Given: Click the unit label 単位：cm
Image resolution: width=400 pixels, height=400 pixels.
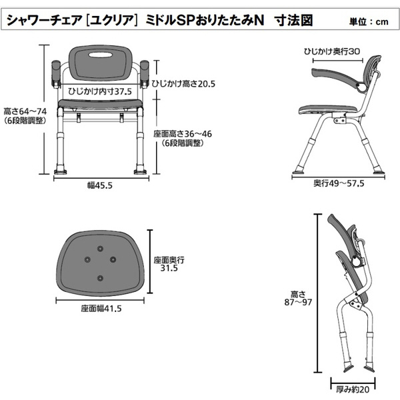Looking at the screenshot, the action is click(369, 22).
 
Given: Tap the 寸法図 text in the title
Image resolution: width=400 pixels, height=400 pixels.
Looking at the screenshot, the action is click(293, 21).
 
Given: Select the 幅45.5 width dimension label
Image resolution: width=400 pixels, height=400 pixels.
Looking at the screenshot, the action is click(100, 185).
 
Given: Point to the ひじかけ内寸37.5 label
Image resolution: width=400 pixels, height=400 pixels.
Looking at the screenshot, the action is click(100, 91).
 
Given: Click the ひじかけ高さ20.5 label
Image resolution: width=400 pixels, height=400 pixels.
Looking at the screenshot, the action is click(183, 84).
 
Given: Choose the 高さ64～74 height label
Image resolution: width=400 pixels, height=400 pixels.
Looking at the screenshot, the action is click(25, 111).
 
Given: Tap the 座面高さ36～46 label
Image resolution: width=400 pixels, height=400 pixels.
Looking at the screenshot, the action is click(183, 134).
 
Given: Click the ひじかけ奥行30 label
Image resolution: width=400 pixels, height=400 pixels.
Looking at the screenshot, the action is click(332, 51).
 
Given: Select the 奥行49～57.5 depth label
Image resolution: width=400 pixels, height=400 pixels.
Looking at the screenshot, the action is click(339, 183).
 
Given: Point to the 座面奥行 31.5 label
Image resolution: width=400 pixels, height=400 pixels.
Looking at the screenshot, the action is click(169, 264).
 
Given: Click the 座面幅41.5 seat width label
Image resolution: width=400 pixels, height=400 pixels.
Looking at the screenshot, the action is click(101, 309).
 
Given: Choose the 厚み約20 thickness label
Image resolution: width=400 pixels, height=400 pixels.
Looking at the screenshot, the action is click(353, 389).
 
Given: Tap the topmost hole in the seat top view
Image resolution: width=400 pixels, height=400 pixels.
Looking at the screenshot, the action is click(100, 248).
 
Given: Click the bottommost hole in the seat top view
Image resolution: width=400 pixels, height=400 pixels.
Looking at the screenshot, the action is click(100, 278).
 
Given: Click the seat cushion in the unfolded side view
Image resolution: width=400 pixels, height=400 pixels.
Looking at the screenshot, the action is click(327, 110).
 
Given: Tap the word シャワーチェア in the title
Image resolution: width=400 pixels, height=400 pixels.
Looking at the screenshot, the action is click(44, 21).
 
